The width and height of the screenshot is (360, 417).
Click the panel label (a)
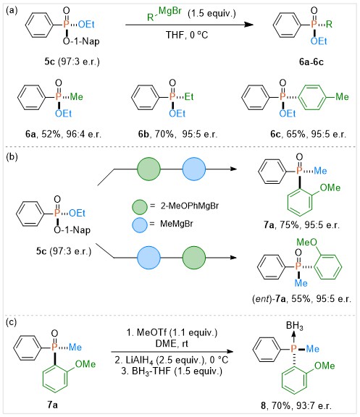coord(12,11)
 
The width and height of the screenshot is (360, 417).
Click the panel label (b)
coord(12,156)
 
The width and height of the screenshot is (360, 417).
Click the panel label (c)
coord(12,322)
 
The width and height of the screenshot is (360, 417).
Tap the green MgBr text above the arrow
coord(170,11)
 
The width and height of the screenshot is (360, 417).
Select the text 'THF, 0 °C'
coord(187,35)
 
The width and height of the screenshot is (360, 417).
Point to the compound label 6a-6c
coord(311,62)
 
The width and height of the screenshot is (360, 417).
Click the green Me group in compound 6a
coord(76,96)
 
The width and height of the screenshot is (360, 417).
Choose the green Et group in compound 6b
coord(189,96)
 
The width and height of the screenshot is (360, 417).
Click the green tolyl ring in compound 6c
coord(313,97)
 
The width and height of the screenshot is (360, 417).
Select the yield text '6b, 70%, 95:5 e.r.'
coord(177,134)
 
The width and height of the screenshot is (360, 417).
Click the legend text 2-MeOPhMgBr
coord(190,206)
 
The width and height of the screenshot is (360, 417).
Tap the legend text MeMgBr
coord(177,224)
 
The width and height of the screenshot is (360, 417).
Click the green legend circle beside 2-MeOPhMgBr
coord(140,207)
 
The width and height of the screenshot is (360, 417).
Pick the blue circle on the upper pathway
coord(194,169)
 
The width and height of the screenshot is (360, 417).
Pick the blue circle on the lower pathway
coord(148,258)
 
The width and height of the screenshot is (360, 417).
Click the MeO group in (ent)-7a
coord(307,242)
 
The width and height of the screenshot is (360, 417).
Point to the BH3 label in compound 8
coord(295,325)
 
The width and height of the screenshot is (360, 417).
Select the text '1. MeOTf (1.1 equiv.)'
coord(172,332)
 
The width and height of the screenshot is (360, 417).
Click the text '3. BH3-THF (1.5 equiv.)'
coord(172,371)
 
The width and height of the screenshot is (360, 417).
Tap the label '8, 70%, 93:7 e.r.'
coord(296,405)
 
